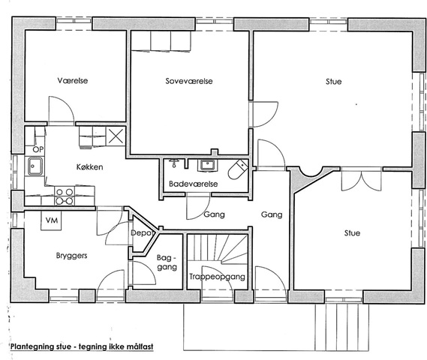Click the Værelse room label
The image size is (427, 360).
[73, 80]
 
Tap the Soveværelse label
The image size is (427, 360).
[189, 81]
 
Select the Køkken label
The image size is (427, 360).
[89, 166]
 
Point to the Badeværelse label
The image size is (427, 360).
[194, 184]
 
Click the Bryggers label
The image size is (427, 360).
[71, 256]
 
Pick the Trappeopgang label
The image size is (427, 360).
[217, 277]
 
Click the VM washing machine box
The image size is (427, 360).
[51, 220]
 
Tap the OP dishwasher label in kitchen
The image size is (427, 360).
[38, 149]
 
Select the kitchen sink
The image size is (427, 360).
[35, 166]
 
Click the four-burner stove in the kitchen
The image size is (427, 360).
[65, 196]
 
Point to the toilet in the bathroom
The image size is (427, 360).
[237, 169]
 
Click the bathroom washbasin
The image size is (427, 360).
[208, 165]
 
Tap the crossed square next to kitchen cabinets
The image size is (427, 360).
[116, 136]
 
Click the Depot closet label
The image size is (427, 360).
[141, 233]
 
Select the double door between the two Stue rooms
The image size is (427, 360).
[362, 180]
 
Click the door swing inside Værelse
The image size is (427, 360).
[62, 109]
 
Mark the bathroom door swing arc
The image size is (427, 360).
[198, 206]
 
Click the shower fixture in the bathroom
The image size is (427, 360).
[173, 163]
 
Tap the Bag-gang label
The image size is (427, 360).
[167, 262]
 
